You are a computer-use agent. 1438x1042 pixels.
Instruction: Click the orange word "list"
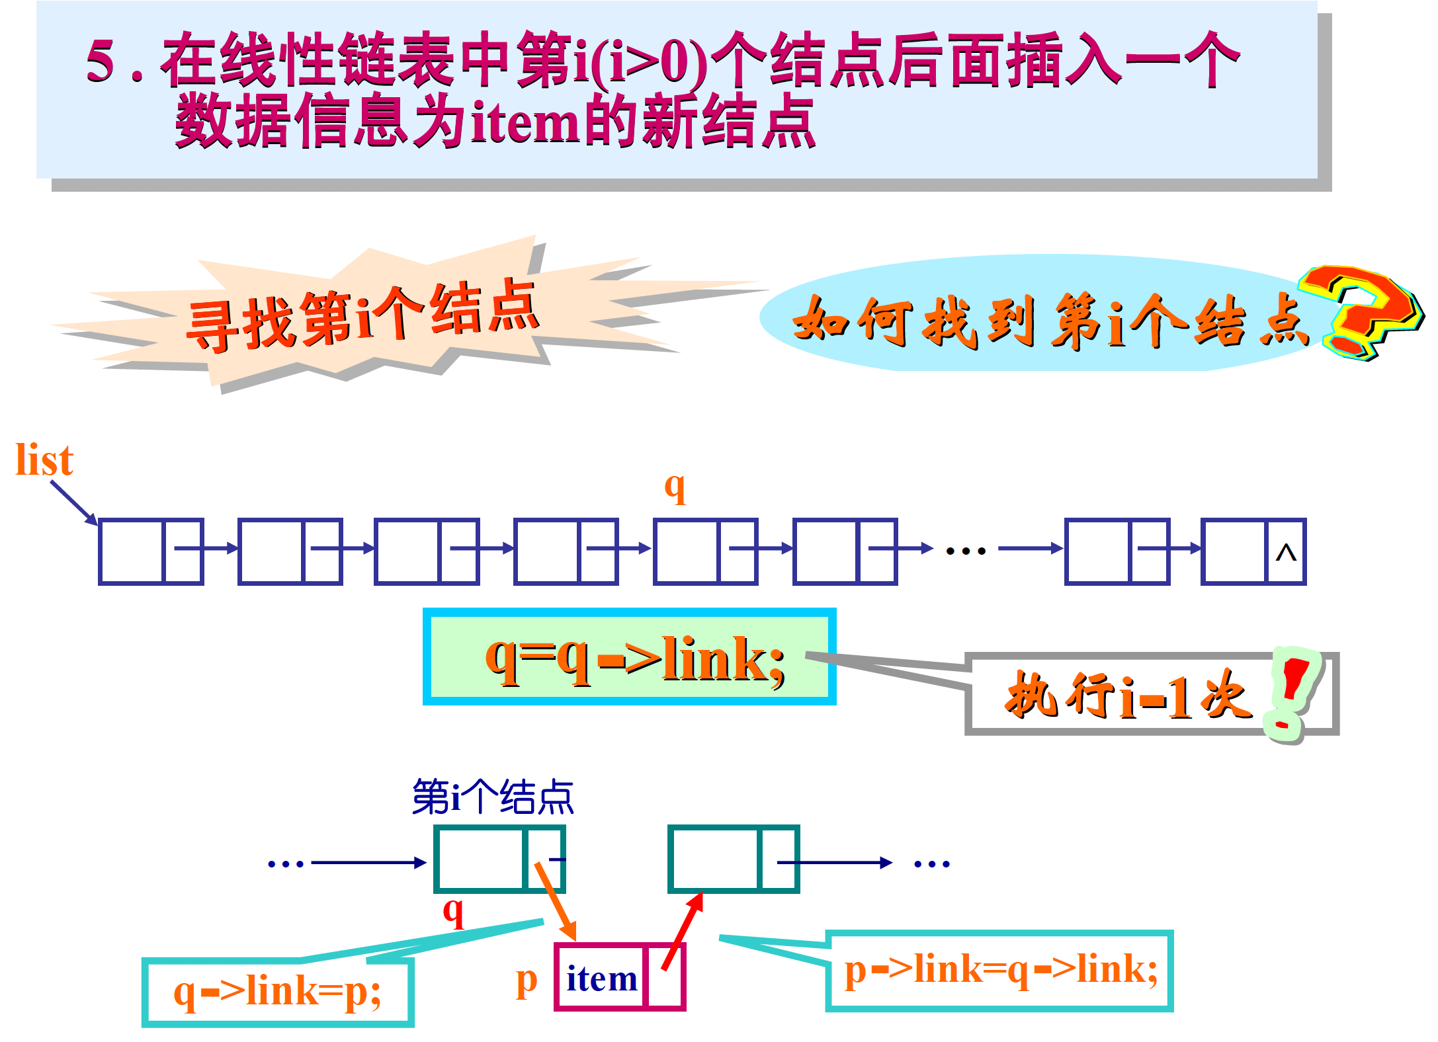coord(44,460)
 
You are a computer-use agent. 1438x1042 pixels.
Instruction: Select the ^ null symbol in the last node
coord(1286,552)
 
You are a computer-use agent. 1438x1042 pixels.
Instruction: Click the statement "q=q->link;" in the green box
coord(635,659)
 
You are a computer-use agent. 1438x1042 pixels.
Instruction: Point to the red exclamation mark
coord(1290,692)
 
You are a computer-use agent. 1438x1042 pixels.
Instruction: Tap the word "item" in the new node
coord(601,979)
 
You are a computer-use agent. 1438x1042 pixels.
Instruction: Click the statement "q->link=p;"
coord(277,992)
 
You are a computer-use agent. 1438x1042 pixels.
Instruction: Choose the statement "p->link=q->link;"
coord(1001,971)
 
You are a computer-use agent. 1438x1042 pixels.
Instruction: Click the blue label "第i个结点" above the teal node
coord(493,797)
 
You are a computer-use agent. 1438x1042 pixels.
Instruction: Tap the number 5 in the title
coord(101,61)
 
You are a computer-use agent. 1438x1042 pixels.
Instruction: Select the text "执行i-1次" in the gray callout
coord(1128,696)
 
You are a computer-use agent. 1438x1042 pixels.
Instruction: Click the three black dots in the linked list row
coord(966,551)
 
